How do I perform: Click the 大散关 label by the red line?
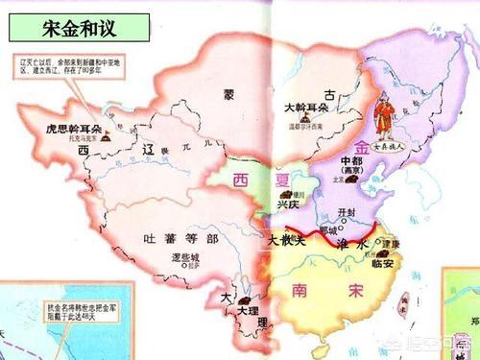[285, 238]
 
